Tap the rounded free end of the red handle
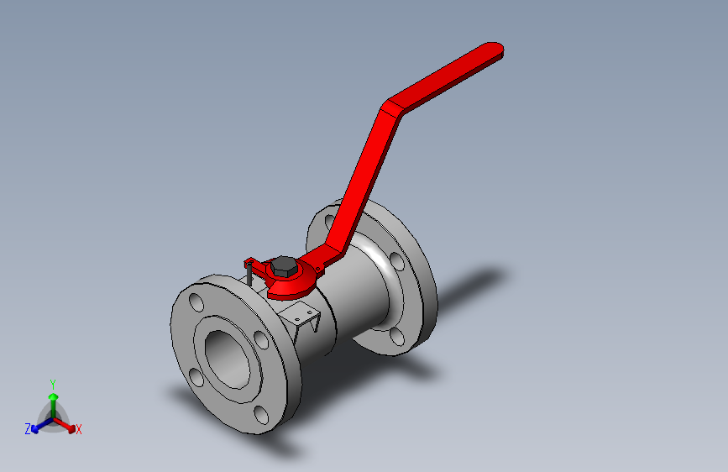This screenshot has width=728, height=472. click(494, 50)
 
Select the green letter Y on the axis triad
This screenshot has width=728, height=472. click(52, 382)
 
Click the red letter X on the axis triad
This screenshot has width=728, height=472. click(79, 430)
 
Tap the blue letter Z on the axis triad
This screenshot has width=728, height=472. click(28, 429)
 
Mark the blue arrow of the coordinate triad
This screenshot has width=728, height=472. click(37, 428)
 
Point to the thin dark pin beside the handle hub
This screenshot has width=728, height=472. click(249, 275)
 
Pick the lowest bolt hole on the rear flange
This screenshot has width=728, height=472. click(396, 338)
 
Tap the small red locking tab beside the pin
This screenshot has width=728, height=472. click(250, 261)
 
